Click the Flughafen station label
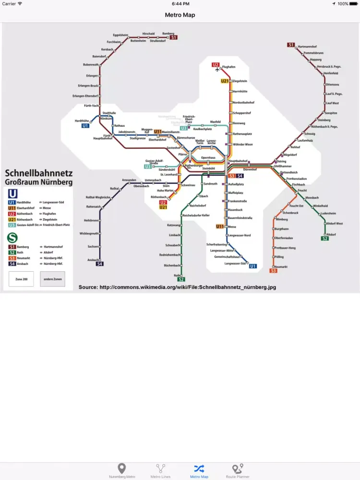tap(229, 67)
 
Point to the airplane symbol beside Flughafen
tap(217, 70)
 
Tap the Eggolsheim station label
tap(120, 35)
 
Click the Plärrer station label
tap(183, 155)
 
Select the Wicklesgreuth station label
tap(89, 233)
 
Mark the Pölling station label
tap(278, 257)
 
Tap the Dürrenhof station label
tap(250, 169)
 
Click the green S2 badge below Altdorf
tap(325, 239)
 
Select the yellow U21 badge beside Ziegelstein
tap(225, 81)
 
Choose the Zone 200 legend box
tap(21, 279)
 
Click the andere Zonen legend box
tap(52, 279)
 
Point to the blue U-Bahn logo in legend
tap(14, 193)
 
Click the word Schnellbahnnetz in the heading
tap(38, 173)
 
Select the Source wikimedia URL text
tap(177, 287)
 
